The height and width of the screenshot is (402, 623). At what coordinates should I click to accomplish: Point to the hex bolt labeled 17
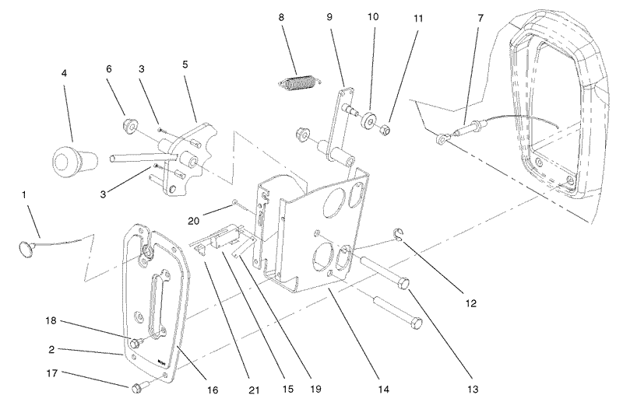tap(136, 386)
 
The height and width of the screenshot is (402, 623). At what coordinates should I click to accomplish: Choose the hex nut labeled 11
tap(385, 128)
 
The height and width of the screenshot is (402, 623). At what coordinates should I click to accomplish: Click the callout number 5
tap(185, 65)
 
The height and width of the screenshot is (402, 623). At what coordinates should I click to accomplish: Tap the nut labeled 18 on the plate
tap(136, 343)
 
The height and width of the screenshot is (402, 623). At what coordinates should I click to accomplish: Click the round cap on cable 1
tap(27, 248)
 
